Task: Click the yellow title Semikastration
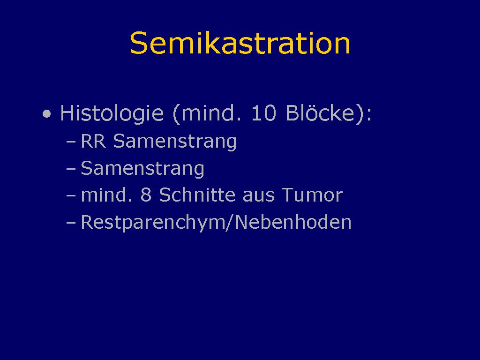[240, 43]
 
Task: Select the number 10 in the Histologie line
[263, 113]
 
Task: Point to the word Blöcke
[320, 112]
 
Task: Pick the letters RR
[93, 141]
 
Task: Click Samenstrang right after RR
[175, 142]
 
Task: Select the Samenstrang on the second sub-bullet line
[142, 169]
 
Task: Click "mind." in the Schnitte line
[107, 195]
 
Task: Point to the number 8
[146, 195]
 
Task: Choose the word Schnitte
[197, 195]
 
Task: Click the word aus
[258, 196]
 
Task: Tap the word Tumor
[312, 195]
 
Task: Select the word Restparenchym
[152, 223]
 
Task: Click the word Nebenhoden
[293, 222]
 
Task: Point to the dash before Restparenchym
[71, 223]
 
